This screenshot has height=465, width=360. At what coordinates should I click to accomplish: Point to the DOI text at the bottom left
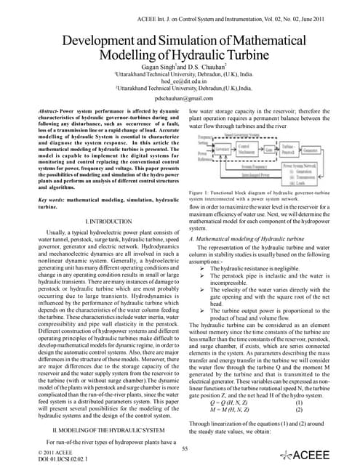[x=55, y=460]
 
